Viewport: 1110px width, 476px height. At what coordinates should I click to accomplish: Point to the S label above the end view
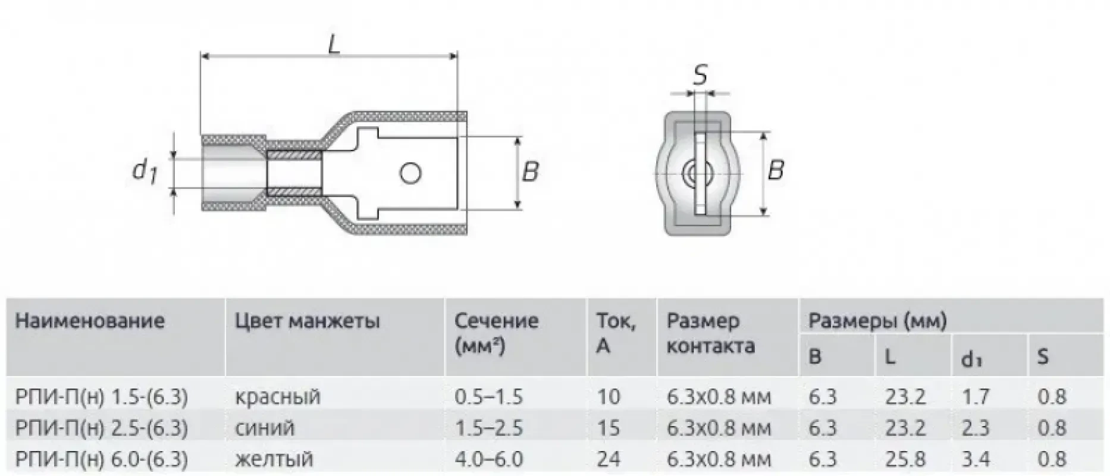tap(701, 76)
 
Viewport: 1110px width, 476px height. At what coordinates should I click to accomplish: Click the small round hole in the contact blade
tap(410, 173)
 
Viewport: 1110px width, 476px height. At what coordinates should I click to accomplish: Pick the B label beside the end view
tap(776, 170)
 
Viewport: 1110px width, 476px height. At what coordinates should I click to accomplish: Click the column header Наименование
tap(90, 321)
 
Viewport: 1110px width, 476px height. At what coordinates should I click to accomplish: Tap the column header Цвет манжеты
tap(307, 321)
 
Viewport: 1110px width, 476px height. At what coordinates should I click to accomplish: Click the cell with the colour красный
tap(278, 397)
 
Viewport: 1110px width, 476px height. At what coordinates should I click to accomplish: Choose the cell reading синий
tap(265, 428)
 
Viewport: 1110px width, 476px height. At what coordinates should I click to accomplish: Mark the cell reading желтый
tap(274, 459)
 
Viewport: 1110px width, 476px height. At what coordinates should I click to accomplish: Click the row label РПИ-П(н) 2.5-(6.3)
tap(102, 428)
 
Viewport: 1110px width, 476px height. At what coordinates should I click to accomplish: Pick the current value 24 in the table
tap(609, 459)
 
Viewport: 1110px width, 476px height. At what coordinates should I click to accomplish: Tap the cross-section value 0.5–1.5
tap(488, 397)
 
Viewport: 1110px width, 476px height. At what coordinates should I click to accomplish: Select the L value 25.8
tap(905, 459)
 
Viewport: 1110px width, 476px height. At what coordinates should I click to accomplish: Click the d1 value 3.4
tap(976, 459)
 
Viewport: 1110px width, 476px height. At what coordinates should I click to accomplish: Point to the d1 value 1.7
tap(976, 397)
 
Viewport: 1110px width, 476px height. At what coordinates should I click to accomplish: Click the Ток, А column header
tap(616, 333)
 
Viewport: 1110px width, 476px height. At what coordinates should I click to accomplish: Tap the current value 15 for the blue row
tap(609, 428)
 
